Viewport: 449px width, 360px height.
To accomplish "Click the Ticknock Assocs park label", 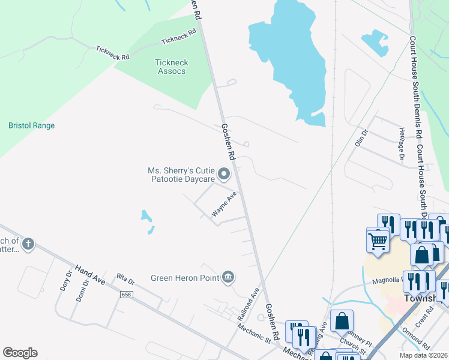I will (171, 67).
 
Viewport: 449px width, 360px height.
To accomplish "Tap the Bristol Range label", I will (31, 126).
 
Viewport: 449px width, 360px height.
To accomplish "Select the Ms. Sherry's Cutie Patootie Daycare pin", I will (224, 175).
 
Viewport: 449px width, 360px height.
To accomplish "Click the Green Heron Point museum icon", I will (228, 277).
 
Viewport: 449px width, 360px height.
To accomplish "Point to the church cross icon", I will (28, 244).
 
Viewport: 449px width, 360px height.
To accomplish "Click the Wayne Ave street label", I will (224, 205).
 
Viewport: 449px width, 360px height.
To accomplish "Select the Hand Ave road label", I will (89, 274).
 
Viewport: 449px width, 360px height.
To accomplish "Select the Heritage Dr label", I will (402, 143).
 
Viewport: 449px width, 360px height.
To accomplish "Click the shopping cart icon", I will (378, 241).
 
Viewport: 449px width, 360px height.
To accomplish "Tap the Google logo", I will (20, 353).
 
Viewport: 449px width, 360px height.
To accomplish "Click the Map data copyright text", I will (424, 355).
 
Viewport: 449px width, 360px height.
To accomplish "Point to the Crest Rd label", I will (427, 314).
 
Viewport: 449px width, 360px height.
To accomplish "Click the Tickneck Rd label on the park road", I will (179, 38).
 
